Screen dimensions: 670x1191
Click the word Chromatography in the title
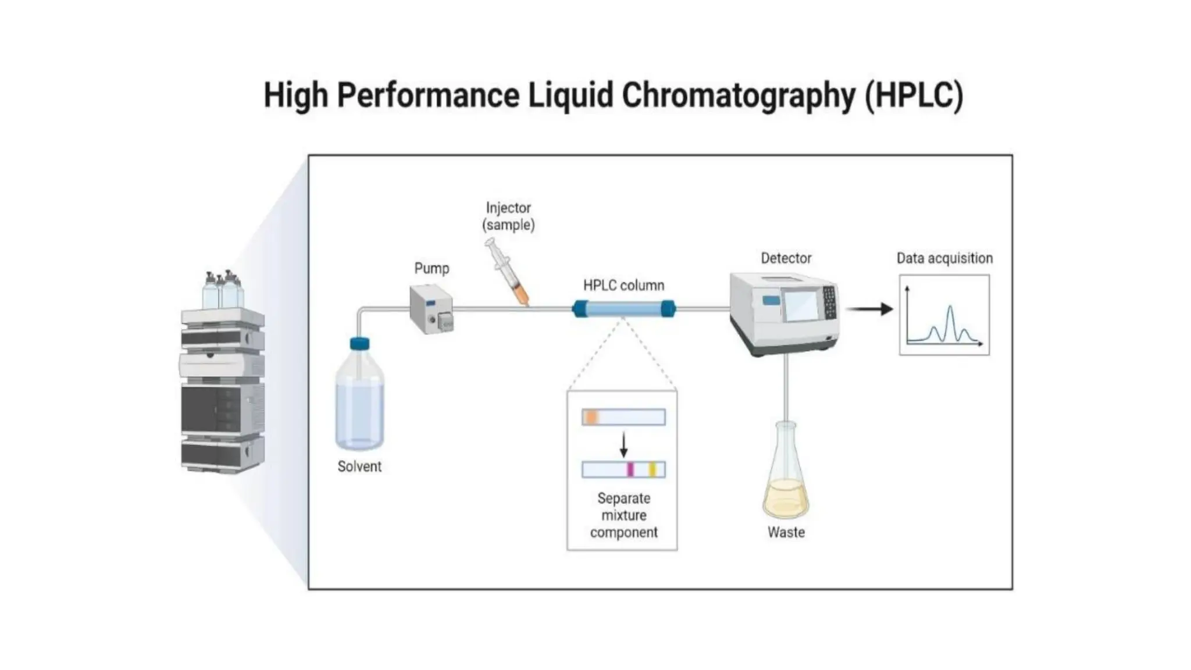[x=738, y=95]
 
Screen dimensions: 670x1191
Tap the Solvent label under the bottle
[x=359, y=466]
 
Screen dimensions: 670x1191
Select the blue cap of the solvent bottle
[x=359, y=344]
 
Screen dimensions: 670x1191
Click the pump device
[x=431, y=309]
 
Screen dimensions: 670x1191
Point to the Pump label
[x=432, y=269]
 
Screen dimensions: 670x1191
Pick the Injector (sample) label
[x=508, y=216]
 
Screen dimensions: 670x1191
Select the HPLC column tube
[x=623, y=308]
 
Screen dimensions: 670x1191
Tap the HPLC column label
[x=623, y=286]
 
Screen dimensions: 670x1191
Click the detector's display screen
[x=801, y=305]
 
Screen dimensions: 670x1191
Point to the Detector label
[x=786, y=258]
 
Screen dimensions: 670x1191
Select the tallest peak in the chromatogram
[x=950, y=308]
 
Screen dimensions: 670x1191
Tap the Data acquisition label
[x=944, y=258]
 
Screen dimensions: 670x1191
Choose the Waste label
[x=786, y=532]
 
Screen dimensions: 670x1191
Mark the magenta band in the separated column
[x=630, y=469]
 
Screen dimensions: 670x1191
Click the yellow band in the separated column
[x=652, y=469]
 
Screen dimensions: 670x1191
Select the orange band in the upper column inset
[x=591, y=417]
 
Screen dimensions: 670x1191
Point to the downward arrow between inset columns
[x=623, y=445]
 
